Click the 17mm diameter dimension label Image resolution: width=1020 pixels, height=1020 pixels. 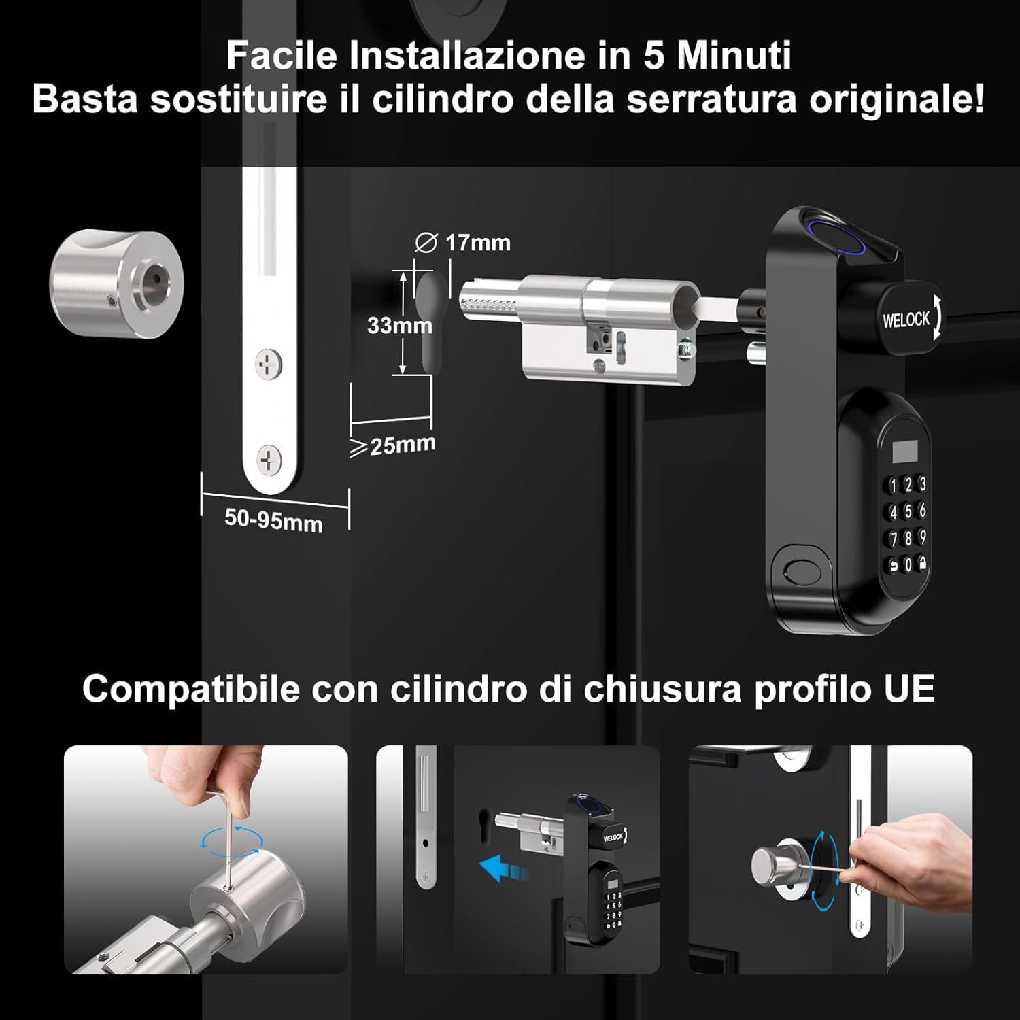pos(462,242)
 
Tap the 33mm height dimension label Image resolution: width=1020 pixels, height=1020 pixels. pos(400,325)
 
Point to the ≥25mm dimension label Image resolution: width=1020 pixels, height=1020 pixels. pos(393,445)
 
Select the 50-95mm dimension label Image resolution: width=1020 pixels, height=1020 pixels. pos(273,520)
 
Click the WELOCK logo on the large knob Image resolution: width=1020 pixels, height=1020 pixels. pos(906,319)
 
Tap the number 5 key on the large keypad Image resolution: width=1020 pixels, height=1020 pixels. pos(908,511)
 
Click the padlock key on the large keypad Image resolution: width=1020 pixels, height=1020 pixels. pos(923,562)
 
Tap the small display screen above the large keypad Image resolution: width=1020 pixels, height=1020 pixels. pos(904,451)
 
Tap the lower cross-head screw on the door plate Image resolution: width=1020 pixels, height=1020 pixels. pos(269,460)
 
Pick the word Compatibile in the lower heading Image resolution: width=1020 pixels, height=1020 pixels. pos(191,689)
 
